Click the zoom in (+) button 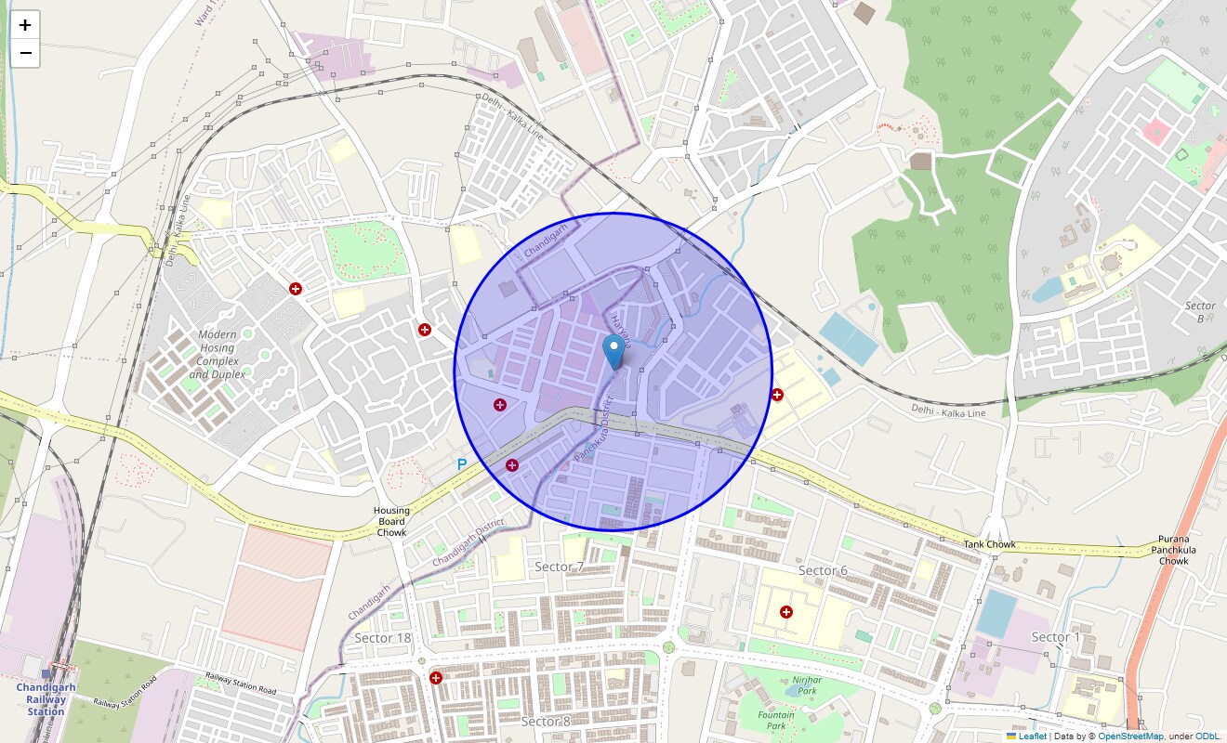(x=25, y=25)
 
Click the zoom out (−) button (x=25, y=53)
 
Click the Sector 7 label (x=560, y=567)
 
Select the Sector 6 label (x=823, y=570)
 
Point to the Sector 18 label (x=382, y=637)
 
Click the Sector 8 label (x=546, y=722)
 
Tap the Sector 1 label (x=1056, y=637)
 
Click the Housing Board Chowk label (x=391, y=522)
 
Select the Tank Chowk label (x=989, y=544)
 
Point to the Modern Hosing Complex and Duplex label (x=218, y=354)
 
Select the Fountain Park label (x=776, y=721)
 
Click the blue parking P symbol (x=462, y=463)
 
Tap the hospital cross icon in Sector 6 (x=786, y=612)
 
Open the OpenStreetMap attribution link (x=1130, y=736)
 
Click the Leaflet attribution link (x=1032, y=736)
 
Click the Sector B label (x=1200, y=312)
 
